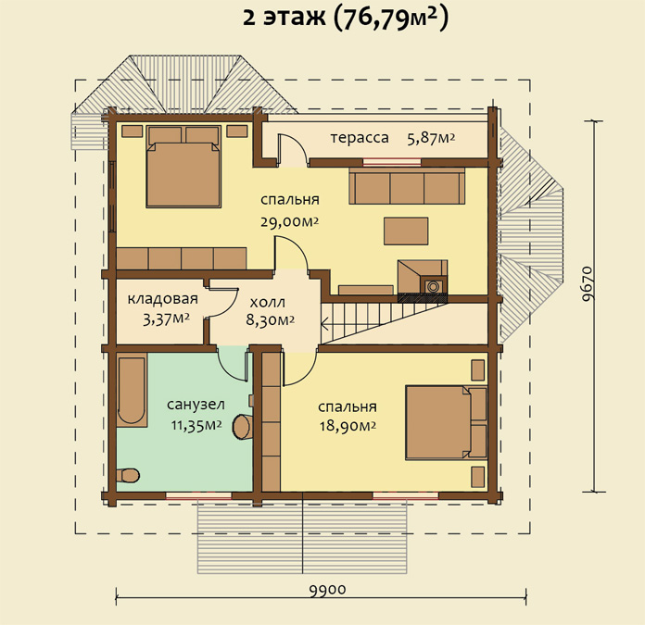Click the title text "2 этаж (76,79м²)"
345,19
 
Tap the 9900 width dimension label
327,590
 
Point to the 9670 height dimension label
588,284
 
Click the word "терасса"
360,138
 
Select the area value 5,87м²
431,139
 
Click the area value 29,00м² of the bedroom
289,222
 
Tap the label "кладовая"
163,299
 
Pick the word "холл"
268,303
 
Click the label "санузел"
196,405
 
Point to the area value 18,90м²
348,426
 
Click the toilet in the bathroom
128,475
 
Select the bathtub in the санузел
132,392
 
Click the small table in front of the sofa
406,231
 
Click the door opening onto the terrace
292,150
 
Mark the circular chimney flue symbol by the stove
433,285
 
